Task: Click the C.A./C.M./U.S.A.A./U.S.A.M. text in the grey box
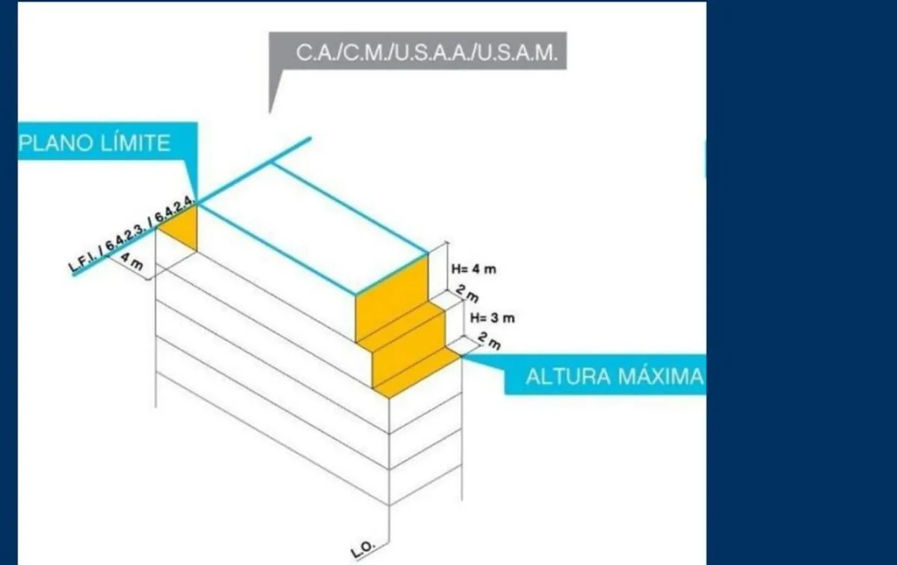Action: pyautogui.click(x=427, y=52)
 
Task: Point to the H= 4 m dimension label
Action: pyautogui.click(x=474, y=269)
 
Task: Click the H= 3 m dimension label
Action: pyautogui.click(x=492, y=318)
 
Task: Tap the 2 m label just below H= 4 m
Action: pyautogui.click(x=467, y=294)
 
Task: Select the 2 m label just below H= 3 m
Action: pyautogui.click(x=490, y=341)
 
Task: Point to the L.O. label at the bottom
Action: pyautogui.click(x=363, y=550)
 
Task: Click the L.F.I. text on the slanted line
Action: pyautogui.click(x=83, y=262)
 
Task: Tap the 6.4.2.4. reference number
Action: pyautogui.click(x=175, y=210)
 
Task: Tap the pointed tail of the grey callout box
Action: pyautogui.click(x=271, y=113)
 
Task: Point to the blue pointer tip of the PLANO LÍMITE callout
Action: pyautogui.click(x=196, y=202)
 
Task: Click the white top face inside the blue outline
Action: pyautogui.click(x=313, y=228)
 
